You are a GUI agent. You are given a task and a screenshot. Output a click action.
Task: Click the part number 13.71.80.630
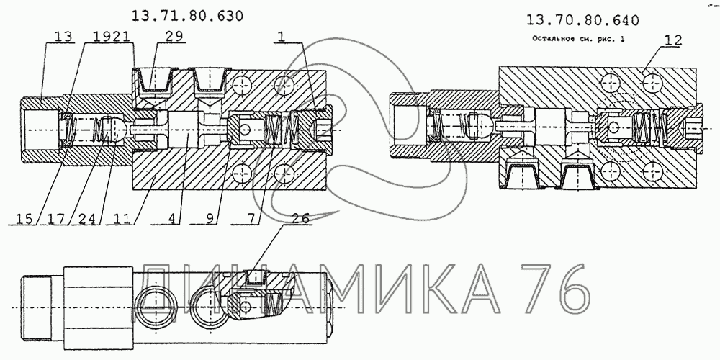point(187,16)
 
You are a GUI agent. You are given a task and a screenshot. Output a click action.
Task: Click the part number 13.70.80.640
point(582,20)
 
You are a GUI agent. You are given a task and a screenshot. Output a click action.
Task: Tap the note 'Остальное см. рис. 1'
point(578,39)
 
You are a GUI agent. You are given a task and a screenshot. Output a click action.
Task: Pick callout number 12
point(672,40)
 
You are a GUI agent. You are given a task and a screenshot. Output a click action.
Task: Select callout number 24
point(88,219)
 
